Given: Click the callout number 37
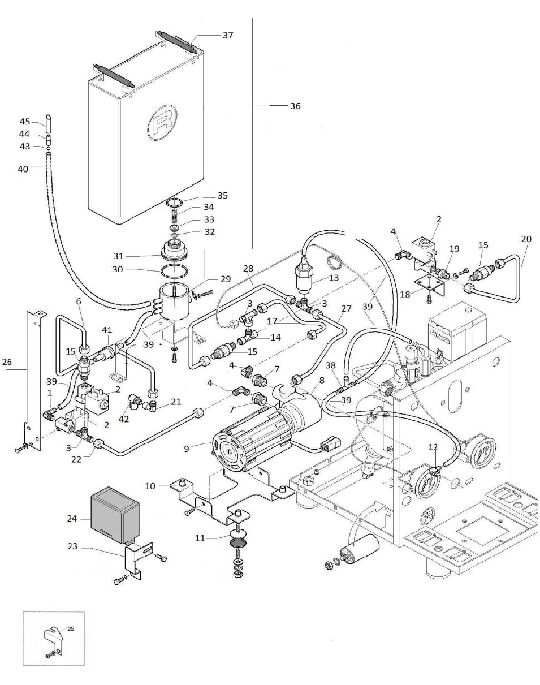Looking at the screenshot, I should (x=227, y=35).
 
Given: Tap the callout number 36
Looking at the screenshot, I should (x=295, y=106).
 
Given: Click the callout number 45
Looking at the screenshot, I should (x=25, y=122).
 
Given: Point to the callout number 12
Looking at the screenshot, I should (x=433, y=447).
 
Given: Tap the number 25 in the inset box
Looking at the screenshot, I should (x=71, y=628).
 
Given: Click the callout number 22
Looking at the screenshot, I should (x=76, y=459).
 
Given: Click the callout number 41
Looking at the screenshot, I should (x=107, y=330).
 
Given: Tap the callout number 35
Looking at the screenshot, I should (x=222, y=196).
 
